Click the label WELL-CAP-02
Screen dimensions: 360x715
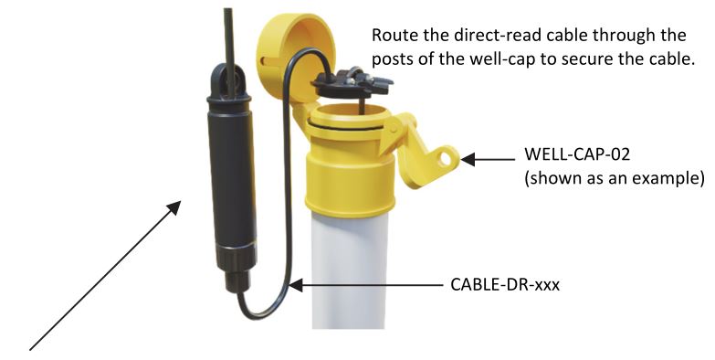coord(563,156)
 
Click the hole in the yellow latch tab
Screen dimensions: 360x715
coord(447,156)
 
